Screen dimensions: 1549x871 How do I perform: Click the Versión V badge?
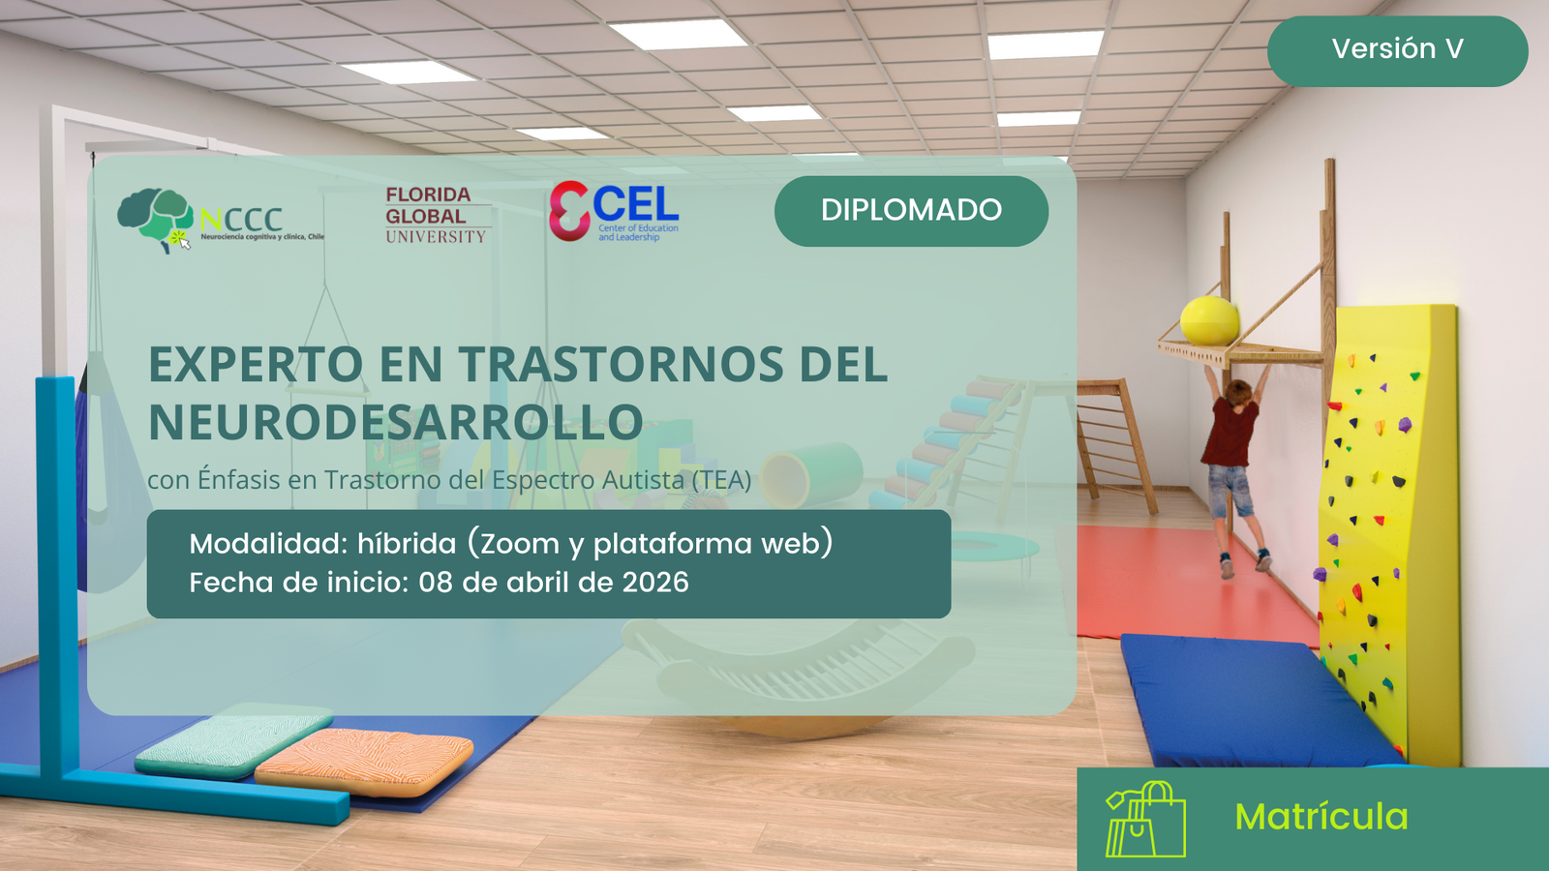click(x=1397, y=50)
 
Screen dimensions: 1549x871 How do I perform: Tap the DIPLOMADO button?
click(x=911, y=211)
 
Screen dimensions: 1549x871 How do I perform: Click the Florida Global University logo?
click(x=437, y=215)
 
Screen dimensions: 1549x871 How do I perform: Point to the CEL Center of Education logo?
click(x=614, y=212)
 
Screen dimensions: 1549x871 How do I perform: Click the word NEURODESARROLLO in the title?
click(x=396, y=422)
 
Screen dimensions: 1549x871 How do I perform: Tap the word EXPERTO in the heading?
click(x=256, y=364)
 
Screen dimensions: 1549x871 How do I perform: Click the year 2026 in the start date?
click(x=654, y=582)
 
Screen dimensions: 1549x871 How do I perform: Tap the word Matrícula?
click(x=1321, y=817)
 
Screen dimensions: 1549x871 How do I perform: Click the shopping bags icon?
click(x=1146, y=819)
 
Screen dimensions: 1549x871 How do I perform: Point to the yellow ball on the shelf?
click(x=1209, y=320)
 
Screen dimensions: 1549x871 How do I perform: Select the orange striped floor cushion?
click(x=364, y=762)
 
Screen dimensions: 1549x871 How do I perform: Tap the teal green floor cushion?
click(x=233, y=739)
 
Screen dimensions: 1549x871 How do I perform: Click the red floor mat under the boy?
click(x=1190, y=581)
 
